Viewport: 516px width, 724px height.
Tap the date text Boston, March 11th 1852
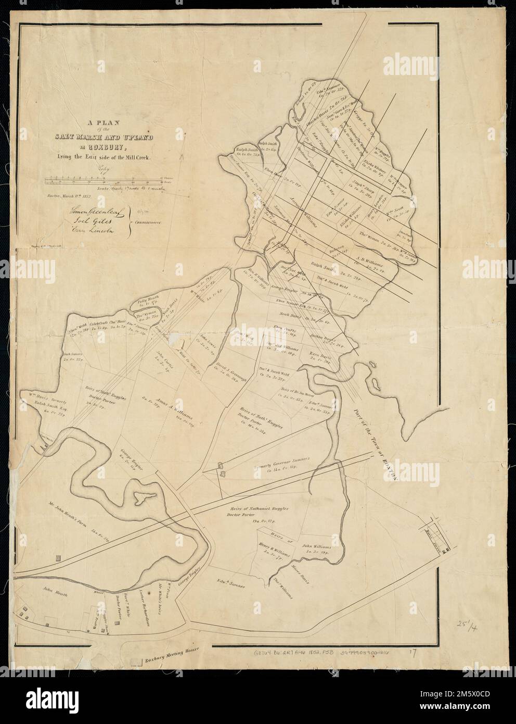pos(69,196)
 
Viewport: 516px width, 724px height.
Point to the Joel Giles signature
pos(81,222)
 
